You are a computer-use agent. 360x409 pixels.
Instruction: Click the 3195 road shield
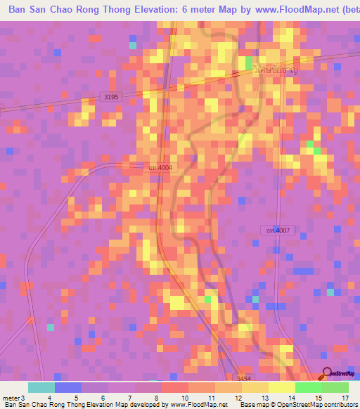tap(110, 96)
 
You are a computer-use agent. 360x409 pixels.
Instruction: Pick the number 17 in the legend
tap(344, 398)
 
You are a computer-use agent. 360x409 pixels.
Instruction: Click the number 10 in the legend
tap(184, 398)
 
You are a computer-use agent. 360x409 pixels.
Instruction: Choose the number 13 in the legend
tap(264, 398)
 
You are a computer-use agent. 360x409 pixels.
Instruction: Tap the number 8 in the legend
tap(157, 398)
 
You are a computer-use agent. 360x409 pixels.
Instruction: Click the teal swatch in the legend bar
tap(41, 387)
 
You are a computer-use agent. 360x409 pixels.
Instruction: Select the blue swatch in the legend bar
tap(68, 387)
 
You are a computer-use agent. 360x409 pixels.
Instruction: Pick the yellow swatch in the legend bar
tap(281, 387)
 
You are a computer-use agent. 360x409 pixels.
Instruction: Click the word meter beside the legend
tap(11, 398)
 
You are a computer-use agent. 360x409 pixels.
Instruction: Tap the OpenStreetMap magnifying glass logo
tap(326, 375)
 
